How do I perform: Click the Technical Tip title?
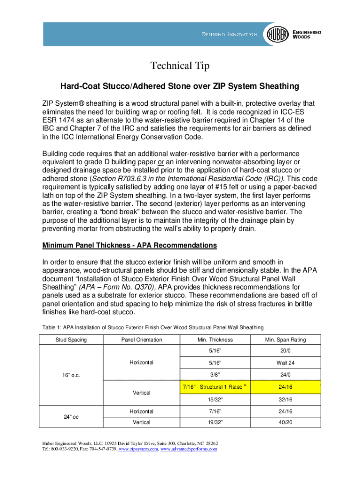click(x=180, y=66)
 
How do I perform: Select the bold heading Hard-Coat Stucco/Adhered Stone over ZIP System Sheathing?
click(x=179, y=87)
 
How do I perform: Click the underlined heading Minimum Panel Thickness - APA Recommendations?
click(x=130, y=245)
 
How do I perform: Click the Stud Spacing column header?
click(x=71, y=340)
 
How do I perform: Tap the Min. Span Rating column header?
click(x=285, y=340)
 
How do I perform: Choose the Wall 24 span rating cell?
click(x=285, y=363)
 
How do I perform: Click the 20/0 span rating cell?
click(x=285, y=351)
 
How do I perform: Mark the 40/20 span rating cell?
click(x=285, y=422)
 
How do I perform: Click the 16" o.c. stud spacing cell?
click(x=71, y=375)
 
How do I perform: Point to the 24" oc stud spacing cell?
click(x=71, y=417)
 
